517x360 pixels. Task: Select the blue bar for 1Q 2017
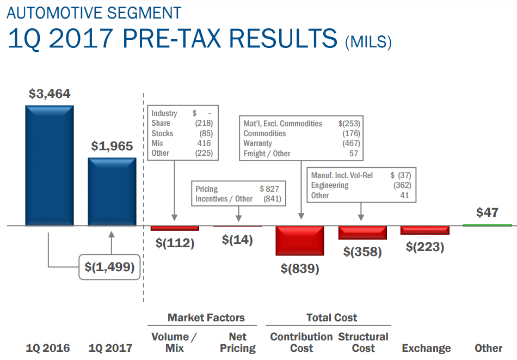[112, 191]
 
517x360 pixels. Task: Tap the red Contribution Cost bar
[300, 240]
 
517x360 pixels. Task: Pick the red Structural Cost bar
[362, 233]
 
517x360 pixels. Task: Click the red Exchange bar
[425, 230]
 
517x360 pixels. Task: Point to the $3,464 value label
[50, 94]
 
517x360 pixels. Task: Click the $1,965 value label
[112, 146]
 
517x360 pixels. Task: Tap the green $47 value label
[487, 212]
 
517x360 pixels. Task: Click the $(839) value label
[300, 269]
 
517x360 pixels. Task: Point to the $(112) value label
[175, 243]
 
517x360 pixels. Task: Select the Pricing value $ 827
[269, 189]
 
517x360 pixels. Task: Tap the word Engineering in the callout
[330, 185]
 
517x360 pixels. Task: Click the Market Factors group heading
[206, 318]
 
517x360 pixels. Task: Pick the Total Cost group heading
[331, 318]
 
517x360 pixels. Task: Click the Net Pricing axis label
[237, 343]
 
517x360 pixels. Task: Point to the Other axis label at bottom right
[488, 348]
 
